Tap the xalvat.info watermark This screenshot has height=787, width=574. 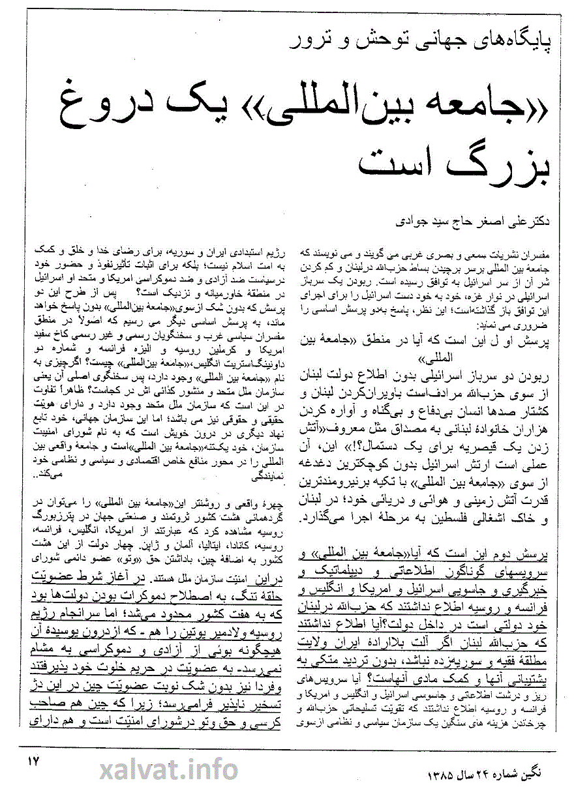click(170, 769)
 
